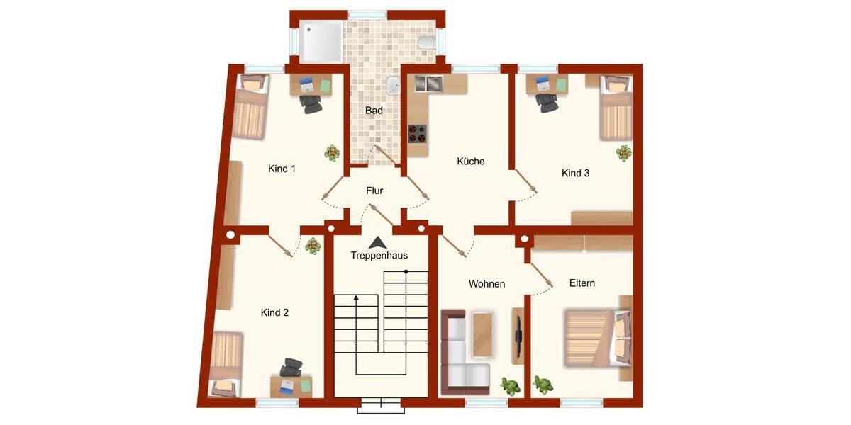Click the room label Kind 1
pyautogui.click(x=282, y=169)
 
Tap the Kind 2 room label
pyautogui.click(x=274, y=312)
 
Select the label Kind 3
pyautogui.click(x=575, y=173)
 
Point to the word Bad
pyautogui.click(x=374, y=110)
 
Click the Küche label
pyautogui.click(x=471, y=161)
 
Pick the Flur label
pyautogui.click(x=374, y=191)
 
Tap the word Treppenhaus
pyautogui.click(x=379, y=256)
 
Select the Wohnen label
pyautogui.click(x=486, y=284)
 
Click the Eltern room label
pyautogui.click(x=582, y=283)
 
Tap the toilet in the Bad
pyautogui.click(x=427, y=42)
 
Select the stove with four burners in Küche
pyautogui.click(x=418, y=133)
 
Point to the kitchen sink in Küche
pyautogui.click(x=428, y=84)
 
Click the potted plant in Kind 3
pyautogui.click(x=623, y=152)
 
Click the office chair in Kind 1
pyautogui.click(x=310, y=103)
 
